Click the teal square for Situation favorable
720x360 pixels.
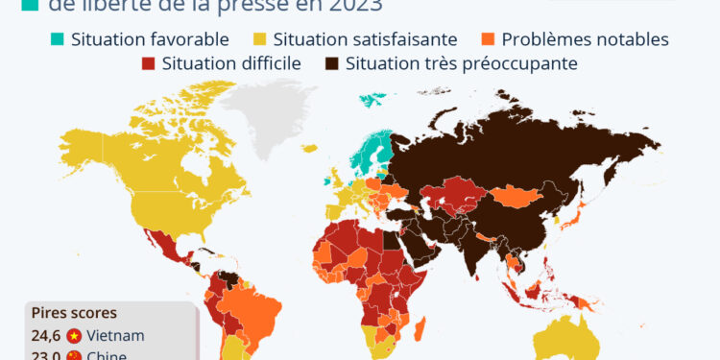point(58,39)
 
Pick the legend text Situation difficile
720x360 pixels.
point(232,64)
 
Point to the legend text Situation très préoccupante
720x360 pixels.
point(461,64)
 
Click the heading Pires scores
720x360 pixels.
point(74,313)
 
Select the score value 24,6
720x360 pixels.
point(44,335)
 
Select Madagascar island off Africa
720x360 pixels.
point(420,332)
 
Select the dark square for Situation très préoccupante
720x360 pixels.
point(331,64)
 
